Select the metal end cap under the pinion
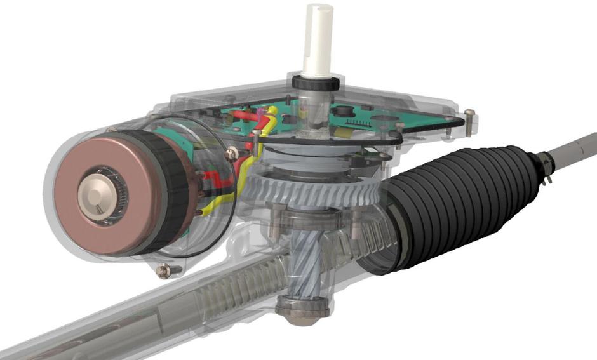pyautogui.click(x=303, y=311)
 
